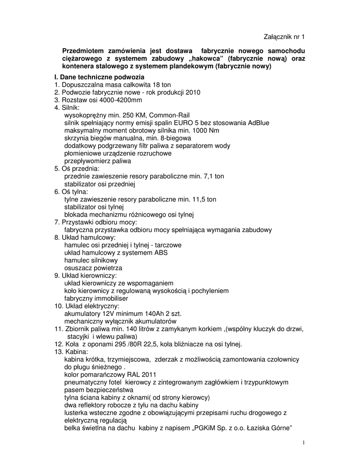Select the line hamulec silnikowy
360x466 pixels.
(91, 260)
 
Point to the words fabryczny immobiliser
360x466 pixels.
(96, 299)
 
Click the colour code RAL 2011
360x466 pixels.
(134, 375)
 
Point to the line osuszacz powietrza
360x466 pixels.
(93, 268)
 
